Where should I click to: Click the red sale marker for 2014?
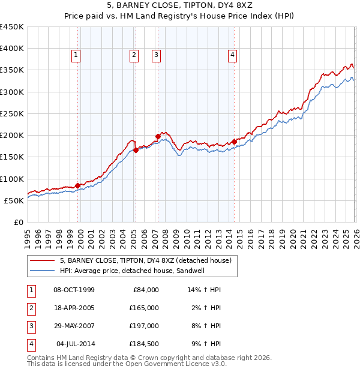(234, 142)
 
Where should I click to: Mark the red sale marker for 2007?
(158, 137)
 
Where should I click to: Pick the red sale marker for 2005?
(136, 151)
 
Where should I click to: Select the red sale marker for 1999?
(77, 185)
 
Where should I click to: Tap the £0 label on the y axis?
(19, 222)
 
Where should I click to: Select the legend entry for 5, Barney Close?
(141, 260)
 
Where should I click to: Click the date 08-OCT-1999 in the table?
(74, 290)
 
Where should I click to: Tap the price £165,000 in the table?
(144, 308)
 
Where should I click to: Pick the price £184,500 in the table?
(144, 344)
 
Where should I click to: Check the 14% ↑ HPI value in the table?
(205, 290)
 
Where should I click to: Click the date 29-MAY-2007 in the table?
(74, 326)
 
